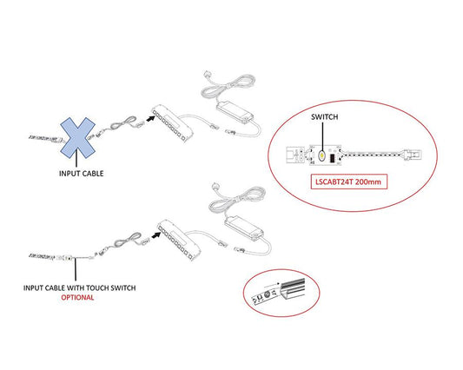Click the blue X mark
78,137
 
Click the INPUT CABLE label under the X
81,174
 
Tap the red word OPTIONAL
77,298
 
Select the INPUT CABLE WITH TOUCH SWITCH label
79,287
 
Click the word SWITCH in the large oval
325,117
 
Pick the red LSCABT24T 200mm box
348,182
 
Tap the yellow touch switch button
321,155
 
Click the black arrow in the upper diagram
151,118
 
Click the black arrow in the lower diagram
155,235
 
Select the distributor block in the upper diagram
173,122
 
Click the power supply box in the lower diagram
245,228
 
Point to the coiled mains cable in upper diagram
228,86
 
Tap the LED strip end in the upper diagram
44,138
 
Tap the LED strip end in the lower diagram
42,255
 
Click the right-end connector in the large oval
413,155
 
